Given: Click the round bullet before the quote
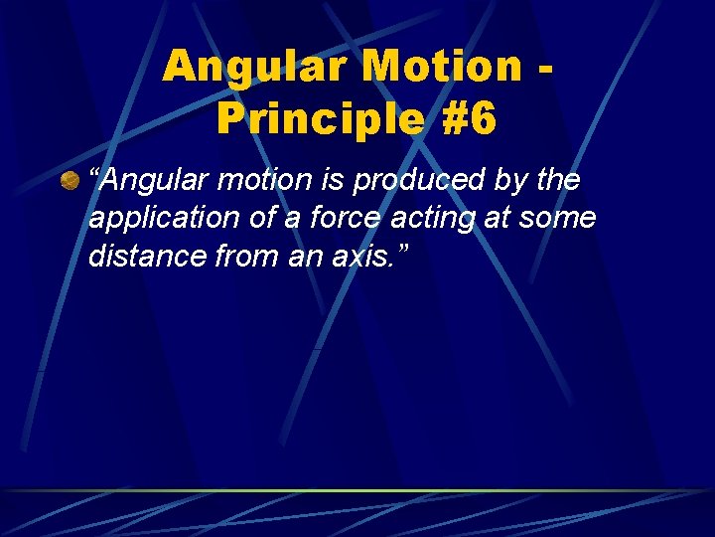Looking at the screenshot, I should pos(70,181).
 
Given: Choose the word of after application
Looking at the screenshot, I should pos(247,219).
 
